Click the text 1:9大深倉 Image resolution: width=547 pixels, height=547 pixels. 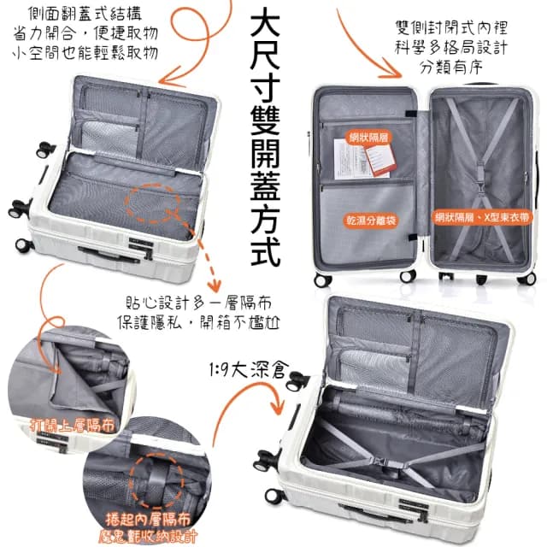(246, 372)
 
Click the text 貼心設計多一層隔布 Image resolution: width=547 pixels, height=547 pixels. (198, 303)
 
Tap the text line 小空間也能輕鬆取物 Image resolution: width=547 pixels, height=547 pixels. (85, 53)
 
